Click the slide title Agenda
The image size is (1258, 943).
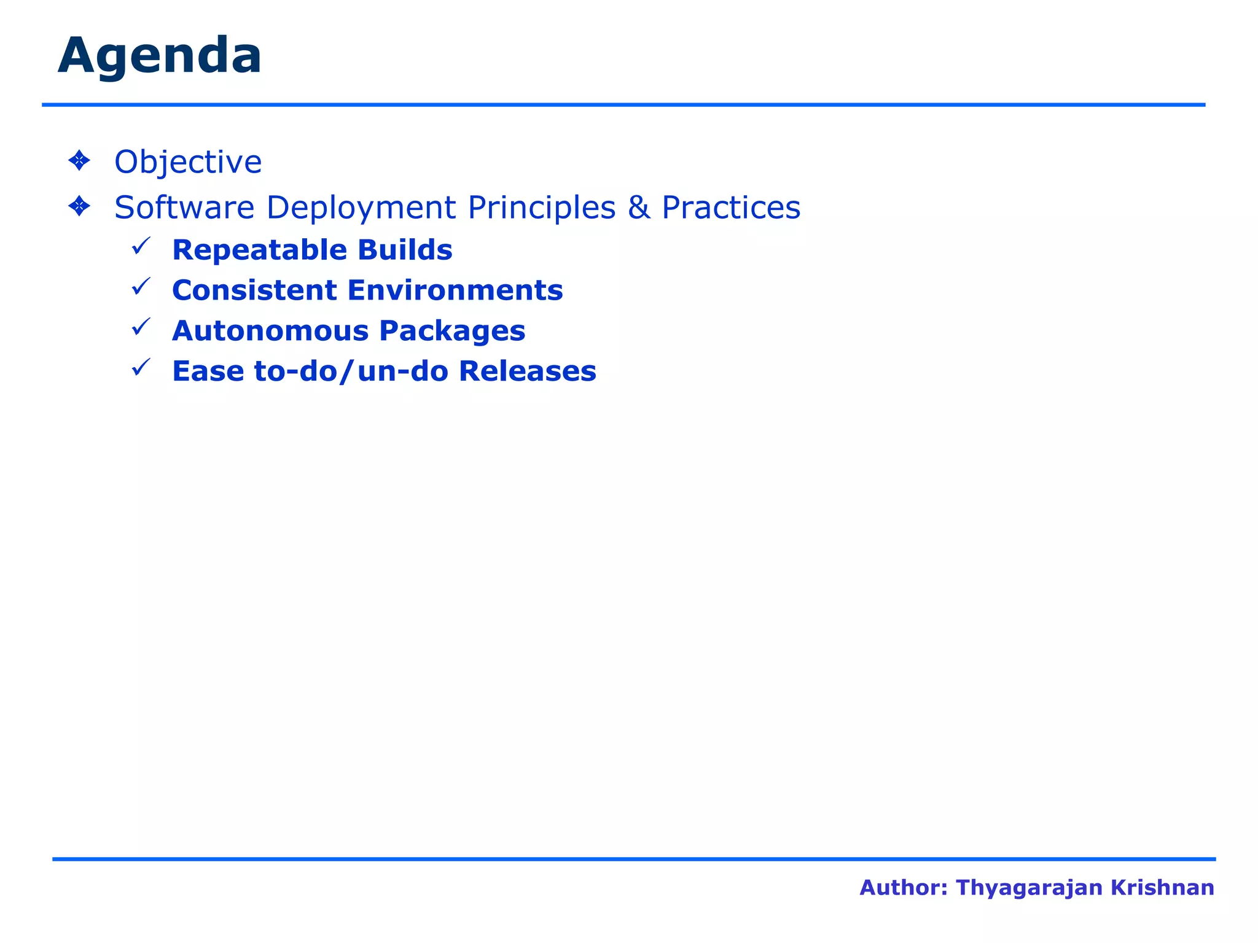pyautogui.click(x=160, y=56)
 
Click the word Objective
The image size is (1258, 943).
pyautogui.click(x=188, y=162)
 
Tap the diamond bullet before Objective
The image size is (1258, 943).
pyautogui.click(x=79, y=161)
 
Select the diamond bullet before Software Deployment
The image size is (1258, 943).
pyautogui.click(x=79, y=206)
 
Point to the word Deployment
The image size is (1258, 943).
pyautogui.click(x=361, y=208)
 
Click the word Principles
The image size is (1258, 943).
pyautogui.click(x=542, y=208)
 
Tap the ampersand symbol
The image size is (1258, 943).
pyautogui.click(x=639, y=208)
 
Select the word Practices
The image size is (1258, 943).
pyautogui.click(x=731, y=208)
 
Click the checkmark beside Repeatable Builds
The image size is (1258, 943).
pyautogui.click(x=141, y=247)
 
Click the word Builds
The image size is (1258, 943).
pyautogui.click(x=405, y=250)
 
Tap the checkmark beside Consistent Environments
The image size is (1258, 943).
pyautogui.click(x=141, y=287)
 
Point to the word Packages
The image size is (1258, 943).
pyautogui.click(x=452, y=331)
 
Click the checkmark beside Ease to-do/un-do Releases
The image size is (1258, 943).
pyautogui.click(x=141, y=368)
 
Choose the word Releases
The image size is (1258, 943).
pyautogui.click(x=528, y=371)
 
